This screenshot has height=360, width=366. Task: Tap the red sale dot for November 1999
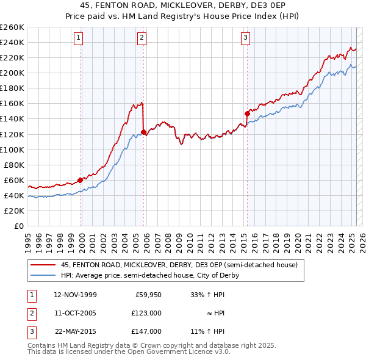point(81,180)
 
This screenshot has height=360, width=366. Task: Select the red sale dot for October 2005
point(143,132)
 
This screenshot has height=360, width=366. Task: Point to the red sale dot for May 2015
point(247,113)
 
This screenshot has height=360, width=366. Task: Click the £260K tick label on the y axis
point(12,27)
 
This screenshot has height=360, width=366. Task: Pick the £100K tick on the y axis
point(12,149)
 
